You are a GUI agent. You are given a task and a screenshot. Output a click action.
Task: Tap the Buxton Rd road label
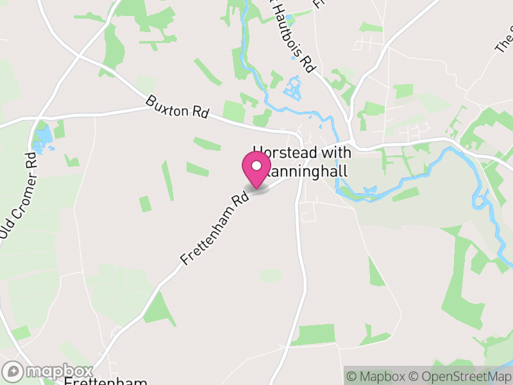(x=177, y=106)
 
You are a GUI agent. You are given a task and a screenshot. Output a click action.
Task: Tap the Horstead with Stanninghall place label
(x=303, y=162)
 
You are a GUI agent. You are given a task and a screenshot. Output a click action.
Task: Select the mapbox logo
(x=48, y=372)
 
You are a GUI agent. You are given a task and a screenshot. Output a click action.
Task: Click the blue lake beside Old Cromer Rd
(x=44, y=136)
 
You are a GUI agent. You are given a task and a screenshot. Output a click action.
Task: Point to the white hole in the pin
(x=256, y=166)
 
